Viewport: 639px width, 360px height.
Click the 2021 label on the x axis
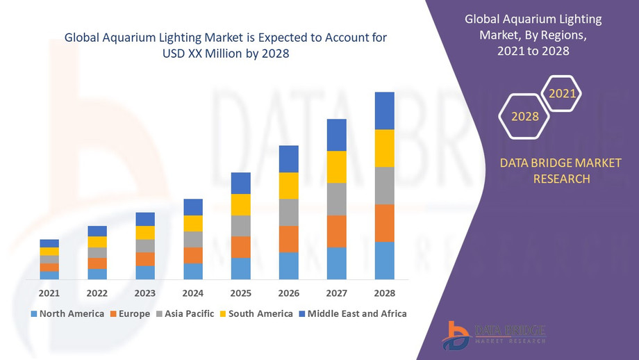pyautogui.click(x=49, y=293)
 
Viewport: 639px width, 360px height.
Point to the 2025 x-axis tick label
pyautogui.click(x=241, y=293)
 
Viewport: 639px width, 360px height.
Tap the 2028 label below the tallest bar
pyautogui.click(x=384, y=293)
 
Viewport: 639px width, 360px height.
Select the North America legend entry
pyautogui.click(x=67, y=313)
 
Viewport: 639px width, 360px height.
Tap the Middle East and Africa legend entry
pyautogui.click(x=352, y=313)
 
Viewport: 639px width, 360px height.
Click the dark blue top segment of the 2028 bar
pyautogui.click(x=384, y=111)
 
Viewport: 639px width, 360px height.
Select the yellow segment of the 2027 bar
pyautogui.click(x=336, y=167)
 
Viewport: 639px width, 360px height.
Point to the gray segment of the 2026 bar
pyautogui.click(x=289, y=212)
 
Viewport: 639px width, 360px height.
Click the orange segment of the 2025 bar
pyautogui.click(x=241, y=247)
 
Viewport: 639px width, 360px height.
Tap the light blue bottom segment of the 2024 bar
pyautogui.click(x=193, y=271)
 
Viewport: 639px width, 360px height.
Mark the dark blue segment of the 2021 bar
pyautogui.click(x=49, y=243)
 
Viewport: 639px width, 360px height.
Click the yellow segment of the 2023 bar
pyautogui.click(x=145, y=233)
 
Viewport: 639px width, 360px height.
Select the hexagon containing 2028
pyautogui.click(x=525, y=117)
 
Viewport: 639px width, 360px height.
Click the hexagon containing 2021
pyautogui.click(x=561, y=93)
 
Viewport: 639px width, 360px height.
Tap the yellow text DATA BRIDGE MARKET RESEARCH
pyautogui.click(x=561, y=171)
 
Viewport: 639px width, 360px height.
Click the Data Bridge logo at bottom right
pyautogui.click(x=494, y=334)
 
